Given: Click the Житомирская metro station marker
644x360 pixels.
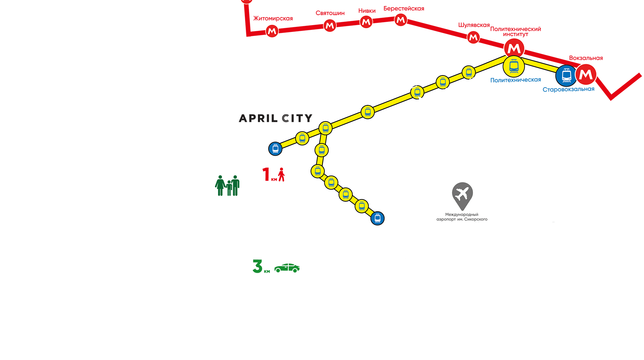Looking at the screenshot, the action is [x=272, y=31].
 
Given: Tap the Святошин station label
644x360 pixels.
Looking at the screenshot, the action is [x=330, y=13].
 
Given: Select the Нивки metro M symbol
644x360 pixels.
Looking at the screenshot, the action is [x=366, y=22].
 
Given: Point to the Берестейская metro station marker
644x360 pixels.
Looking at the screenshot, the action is [x=400, y=20].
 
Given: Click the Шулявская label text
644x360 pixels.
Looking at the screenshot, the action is [x=474, y=25].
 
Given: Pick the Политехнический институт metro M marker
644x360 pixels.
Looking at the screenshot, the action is [x=514, y=49].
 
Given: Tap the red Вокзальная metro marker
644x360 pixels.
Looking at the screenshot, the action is [x=586, y=74].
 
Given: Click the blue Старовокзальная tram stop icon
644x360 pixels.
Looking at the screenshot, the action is [x=566, y=76].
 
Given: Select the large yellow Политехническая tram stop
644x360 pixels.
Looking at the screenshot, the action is [x=514, y=67].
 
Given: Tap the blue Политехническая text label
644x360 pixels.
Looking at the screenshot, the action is [x=516, y=80].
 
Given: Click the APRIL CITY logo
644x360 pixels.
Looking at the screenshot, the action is [x=275, y=118].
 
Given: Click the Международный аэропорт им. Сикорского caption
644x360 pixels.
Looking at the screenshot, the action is [x=462, y=217].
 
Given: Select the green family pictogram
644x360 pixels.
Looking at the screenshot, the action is [x=227, y=186].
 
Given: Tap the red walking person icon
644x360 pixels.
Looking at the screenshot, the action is [x=281, y=174].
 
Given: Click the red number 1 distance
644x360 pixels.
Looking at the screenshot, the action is [x=266, y=174].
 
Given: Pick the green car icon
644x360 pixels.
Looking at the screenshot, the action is [x=287, y=268].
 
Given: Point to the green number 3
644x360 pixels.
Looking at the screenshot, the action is [x=257, y=266].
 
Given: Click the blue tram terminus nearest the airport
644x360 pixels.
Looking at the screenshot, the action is [x=377, y=218].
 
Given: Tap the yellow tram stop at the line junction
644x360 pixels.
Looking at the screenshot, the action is [x=325, y=128].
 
